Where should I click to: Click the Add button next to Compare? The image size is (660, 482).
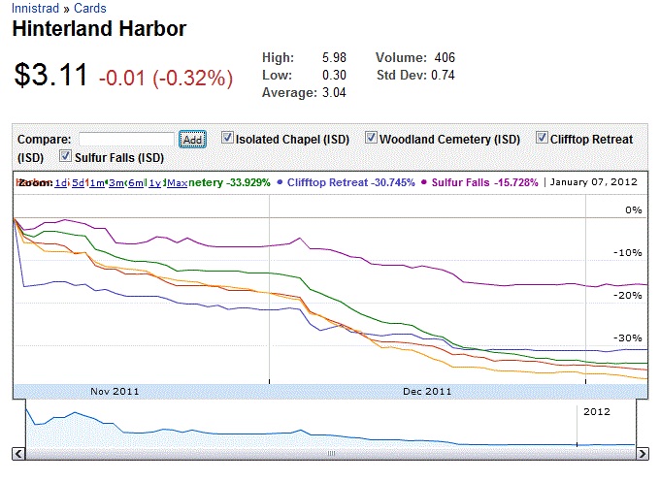pyautogui.click(x=192, y=140)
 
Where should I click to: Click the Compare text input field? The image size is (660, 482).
pyautogui.click(x=126, y=140)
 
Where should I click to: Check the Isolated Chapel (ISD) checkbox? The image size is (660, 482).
pyautogui.click(x=227, y=139)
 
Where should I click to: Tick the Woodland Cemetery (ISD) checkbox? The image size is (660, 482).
pyautogui.click(x=371, y=139)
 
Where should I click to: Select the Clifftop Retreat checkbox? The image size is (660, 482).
pyautogui.click(x=542, y=139)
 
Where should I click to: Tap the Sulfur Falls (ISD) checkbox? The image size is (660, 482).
pyautogui.click(x=66, y=156)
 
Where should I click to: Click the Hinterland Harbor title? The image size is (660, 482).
pyautogui.click(x=99, y=28)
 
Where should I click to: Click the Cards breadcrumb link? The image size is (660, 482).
pyautogui.click(x=90, y=8)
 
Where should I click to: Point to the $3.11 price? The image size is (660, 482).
pyautogui.click(x=51, y=75)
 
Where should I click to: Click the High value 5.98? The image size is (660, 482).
pyautogui.click(x=334, y=58)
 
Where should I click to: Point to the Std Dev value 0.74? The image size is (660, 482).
pyautogui.click(x=443, y=75)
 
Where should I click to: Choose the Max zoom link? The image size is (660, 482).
pyautogui.click(x=177, y=182)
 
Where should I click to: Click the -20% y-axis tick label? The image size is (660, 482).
pyautogui.click(x=631, y=296)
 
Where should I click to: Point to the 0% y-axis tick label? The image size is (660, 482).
pyautogui.click(x=634, y=210)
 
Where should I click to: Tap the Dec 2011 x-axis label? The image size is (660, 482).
pyautogui.click(x=426, y=392)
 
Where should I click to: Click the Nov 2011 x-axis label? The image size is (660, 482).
pyautogui.click(x=115, y=392)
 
